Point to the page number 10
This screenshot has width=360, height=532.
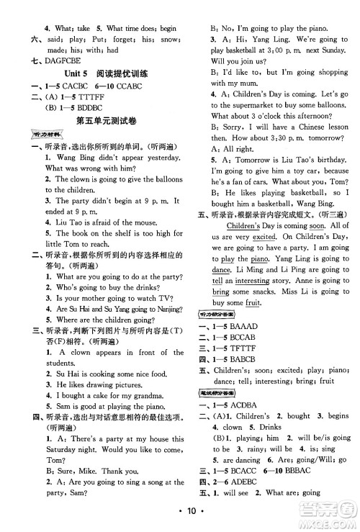(180, 513)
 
